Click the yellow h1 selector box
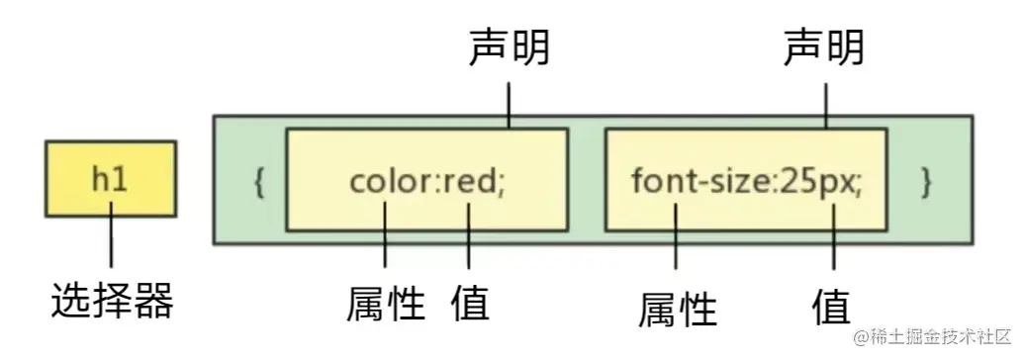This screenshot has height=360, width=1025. point(111,178)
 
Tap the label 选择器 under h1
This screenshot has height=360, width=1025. point(112,300)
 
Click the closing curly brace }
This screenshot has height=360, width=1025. point(926,183)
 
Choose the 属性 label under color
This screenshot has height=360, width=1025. point(385,303)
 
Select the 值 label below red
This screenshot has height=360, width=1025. point(470,303)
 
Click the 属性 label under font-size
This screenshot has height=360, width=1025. point(677,308)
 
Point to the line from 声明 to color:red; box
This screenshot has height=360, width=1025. point(509,103)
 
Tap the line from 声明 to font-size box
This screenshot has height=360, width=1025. point(825,103)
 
